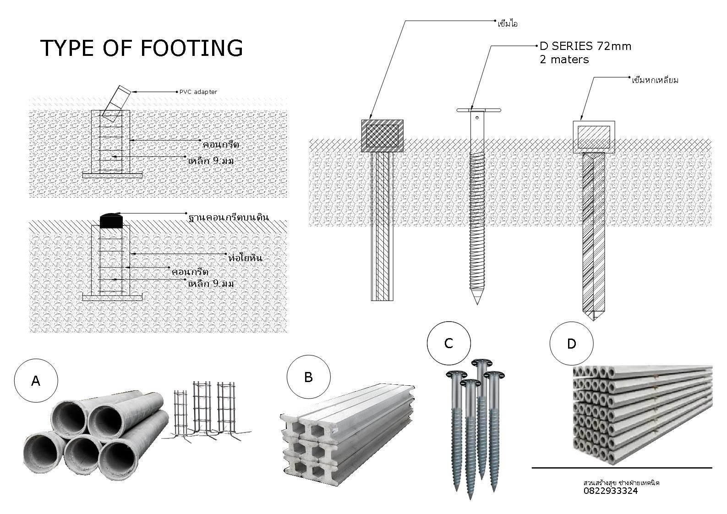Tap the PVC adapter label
(x=198, y=92)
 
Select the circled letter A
(x=36, y=381)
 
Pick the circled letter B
(x=308, y=377)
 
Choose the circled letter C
(x=448, y=343)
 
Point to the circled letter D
(x=571, y=344)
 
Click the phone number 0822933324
(x=611, y=491)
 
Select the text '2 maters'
(x=564, y=60)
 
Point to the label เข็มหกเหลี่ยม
(x=655, y=81)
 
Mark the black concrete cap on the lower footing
(x=111, y=221)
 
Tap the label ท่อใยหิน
(x=245, y=258)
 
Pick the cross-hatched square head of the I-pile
(x=382, y=136)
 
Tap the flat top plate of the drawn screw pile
(x=479, y=110)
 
